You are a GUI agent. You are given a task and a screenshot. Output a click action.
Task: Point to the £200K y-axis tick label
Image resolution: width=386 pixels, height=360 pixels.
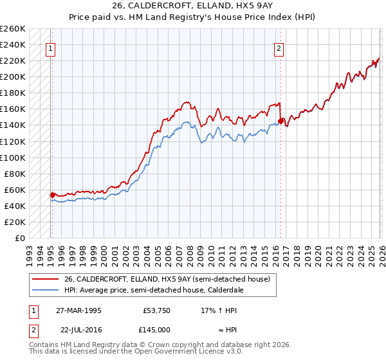[13, 76]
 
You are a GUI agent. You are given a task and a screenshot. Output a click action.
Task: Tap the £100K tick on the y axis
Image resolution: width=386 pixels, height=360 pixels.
[13, 157]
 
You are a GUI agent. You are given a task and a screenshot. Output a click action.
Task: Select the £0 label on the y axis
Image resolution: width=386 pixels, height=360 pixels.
[20, 238]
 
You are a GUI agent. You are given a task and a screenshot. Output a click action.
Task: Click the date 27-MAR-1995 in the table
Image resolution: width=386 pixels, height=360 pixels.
[78, 310]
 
